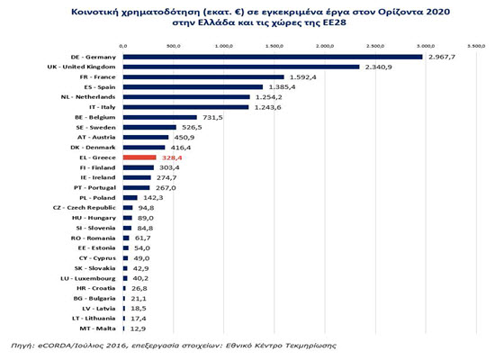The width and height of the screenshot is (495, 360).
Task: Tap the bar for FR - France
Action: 202,77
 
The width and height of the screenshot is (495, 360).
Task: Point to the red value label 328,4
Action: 170,157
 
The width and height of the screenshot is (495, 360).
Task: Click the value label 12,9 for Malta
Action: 137,329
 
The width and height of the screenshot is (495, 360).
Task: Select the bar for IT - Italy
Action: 184,107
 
